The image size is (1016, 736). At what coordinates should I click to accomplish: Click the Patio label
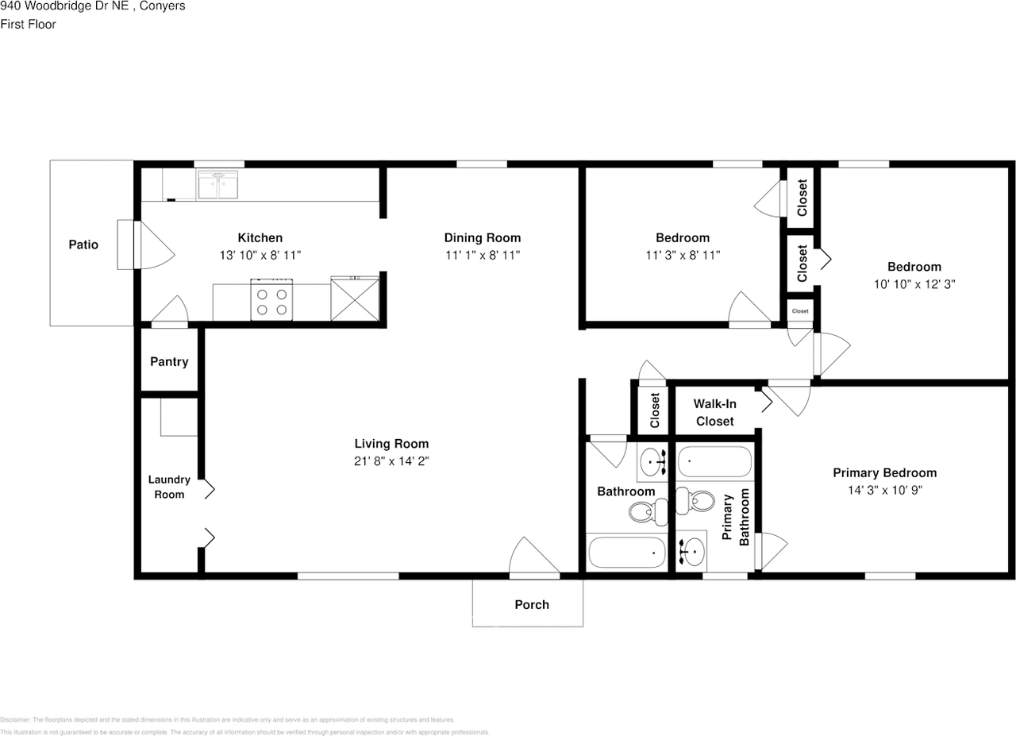point(83,245)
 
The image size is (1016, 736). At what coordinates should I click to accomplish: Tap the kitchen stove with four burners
point(271,300)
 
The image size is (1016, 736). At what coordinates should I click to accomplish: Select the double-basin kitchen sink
point(217,185)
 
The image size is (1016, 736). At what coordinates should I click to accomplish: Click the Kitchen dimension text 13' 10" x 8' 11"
point(260,255)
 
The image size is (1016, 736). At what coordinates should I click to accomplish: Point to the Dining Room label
point(482,237)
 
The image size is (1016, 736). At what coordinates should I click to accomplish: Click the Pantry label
point(169,361)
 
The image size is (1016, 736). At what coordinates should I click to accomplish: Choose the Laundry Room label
point(169,487)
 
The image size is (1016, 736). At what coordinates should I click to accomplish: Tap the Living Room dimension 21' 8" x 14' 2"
point(391,461)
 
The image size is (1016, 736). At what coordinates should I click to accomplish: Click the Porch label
point(532,604)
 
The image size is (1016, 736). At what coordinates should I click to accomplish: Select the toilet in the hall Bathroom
point(648,511)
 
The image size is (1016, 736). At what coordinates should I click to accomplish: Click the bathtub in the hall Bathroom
point(626,553)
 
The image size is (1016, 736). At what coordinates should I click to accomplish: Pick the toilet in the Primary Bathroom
point(695,501)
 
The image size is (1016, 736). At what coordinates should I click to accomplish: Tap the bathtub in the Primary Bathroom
point(715,461)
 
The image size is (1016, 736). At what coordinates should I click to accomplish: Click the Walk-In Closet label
point(715,413)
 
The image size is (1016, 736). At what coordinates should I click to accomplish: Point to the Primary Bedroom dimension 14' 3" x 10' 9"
point(885,490)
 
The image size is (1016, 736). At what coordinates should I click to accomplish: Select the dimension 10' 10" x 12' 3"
point(914,284)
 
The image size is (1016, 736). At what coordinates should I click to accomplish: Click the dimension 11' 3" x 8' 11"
point(683,255)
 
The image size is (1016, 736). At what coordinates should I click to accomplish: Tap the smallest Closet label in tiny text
point(800,311)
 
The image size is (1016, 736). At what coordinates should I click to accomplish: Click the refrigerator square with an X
point(355,299)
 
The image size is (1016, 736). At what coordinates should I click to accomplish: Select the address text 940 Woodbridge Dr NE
point(64,6)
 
